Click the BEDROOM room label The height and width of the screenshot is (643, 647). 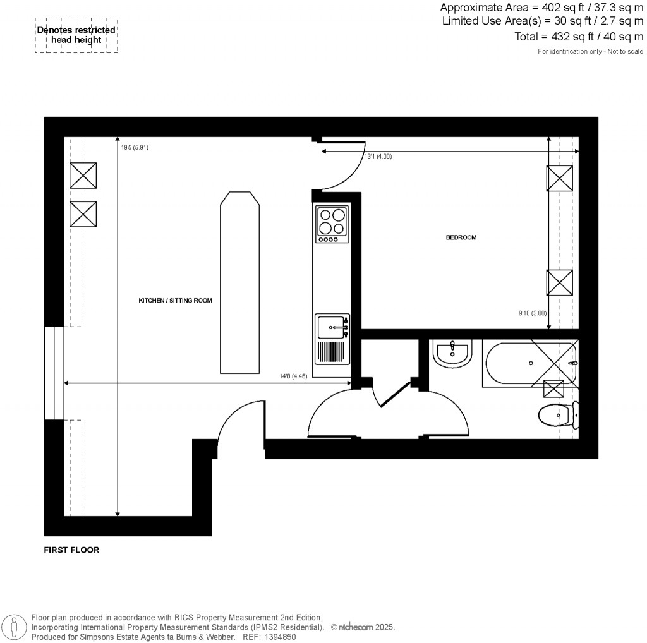(461, 238)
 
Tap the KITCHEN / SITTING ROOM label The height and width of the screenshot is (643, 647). (176, 301)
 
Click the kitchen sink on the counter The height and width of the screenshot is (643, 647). (331, 327)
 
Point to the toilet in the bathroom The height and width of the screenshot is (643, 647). (557, 415)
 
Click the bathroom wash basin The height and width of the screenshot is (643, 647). (452, 354)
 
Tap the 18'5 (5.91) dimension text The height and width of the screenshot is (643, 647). (135, 148)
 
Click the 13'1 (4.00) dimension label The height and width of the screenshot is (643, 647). (378, 156)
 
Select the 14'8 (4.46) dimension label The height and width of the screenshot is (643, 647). (294, 376)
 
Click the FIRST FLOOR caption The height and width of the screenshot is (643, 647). (71, 550)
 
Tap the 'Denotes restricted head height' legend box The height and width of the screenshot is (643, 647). (76, 35)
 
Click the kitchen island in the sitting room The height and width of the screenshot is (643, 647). (239, 282)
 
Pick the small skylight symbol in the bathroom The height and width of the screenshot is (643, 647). (554, 388)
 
